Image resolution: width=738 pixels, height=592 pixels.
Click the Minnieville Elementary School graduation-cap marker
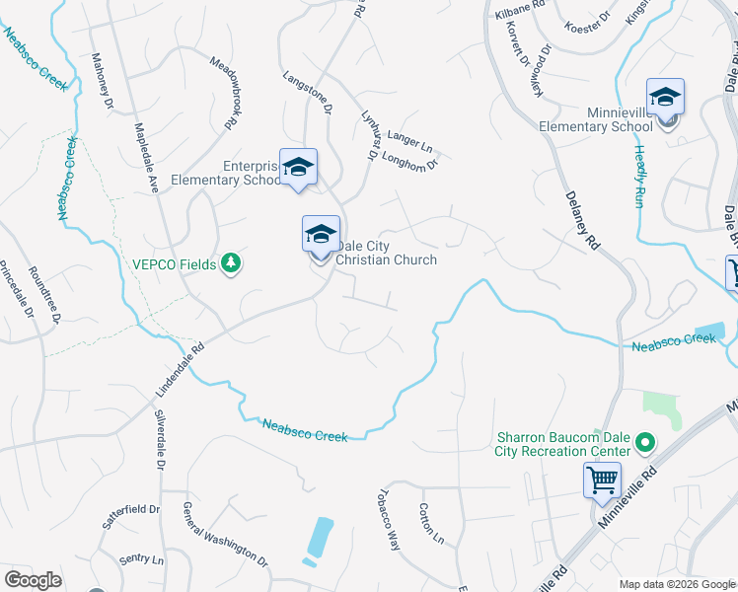click(x=666, y=99)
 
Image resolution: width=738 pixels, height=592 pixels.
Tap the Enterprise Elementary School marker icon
click(x=298, y=168)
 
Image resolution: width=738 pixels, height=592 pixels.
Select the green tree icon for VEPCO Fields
click(x=232, y=263)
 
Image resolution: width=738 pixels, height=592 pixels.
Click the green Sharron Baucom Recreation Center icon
click(x=645, y=443)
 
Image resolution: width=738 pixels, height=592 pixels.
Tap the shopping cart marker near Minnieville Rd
click(x=602, y=482)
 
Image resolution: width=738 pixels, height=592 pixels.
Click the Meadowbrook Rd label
click(x=226, y=91)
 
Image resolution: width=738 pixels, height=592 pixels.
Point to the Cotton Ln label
click(x=430, y=523)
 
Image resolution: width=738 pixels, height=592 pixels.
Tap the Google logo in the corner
click(x=34, y=579)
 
